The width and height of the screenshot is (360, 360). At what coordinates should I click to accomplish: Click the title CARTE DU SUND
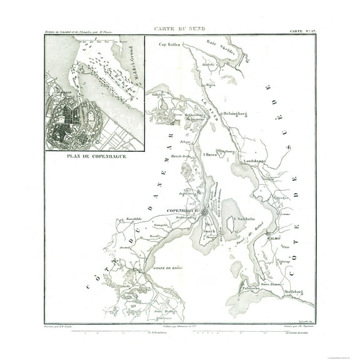[180, 28]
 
